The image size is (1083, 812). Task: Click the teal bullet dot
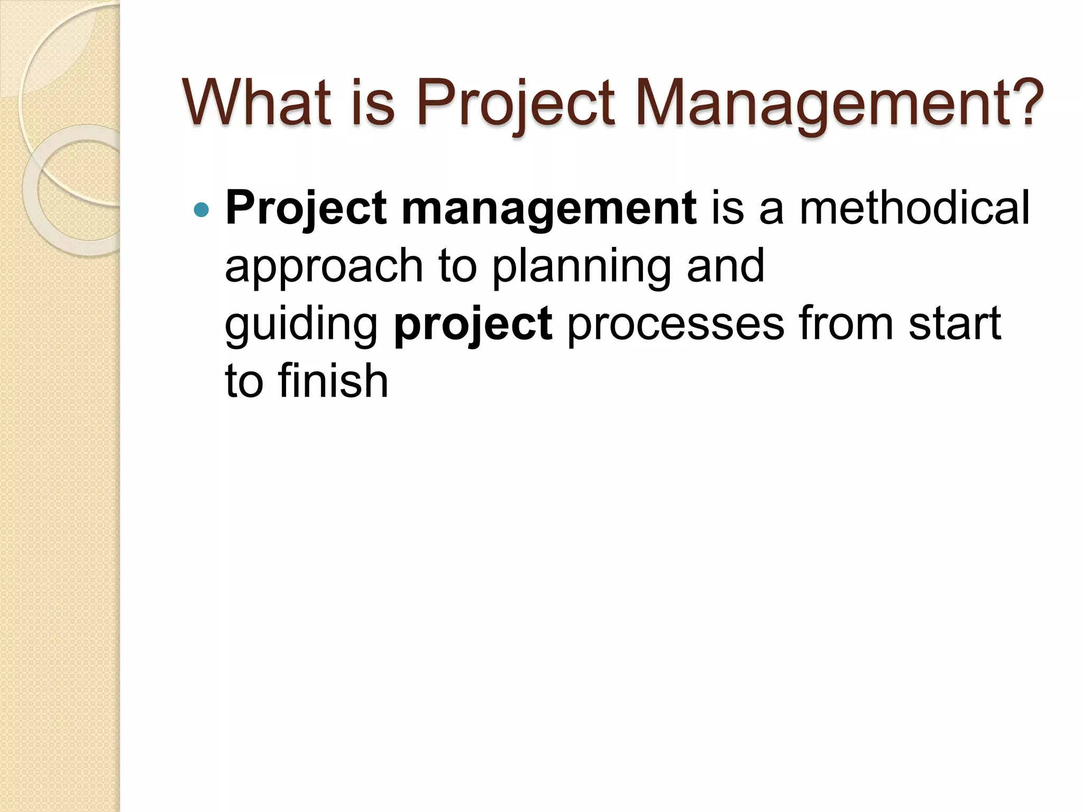click(x=201, y=210)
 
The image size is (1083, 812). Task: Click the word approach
click(x=324, y=267)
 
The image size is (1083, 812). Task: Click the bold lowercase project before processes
click(x=473, y=325)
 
